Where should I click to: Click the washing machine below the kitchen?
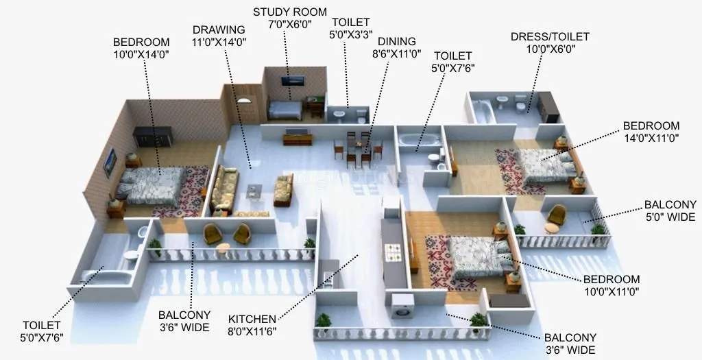click(x=400, y=307)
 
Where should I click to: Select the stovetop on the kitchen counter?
click(x=394, y=251)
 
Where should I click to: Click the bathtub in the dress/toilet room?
click(x=483, y=110)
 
